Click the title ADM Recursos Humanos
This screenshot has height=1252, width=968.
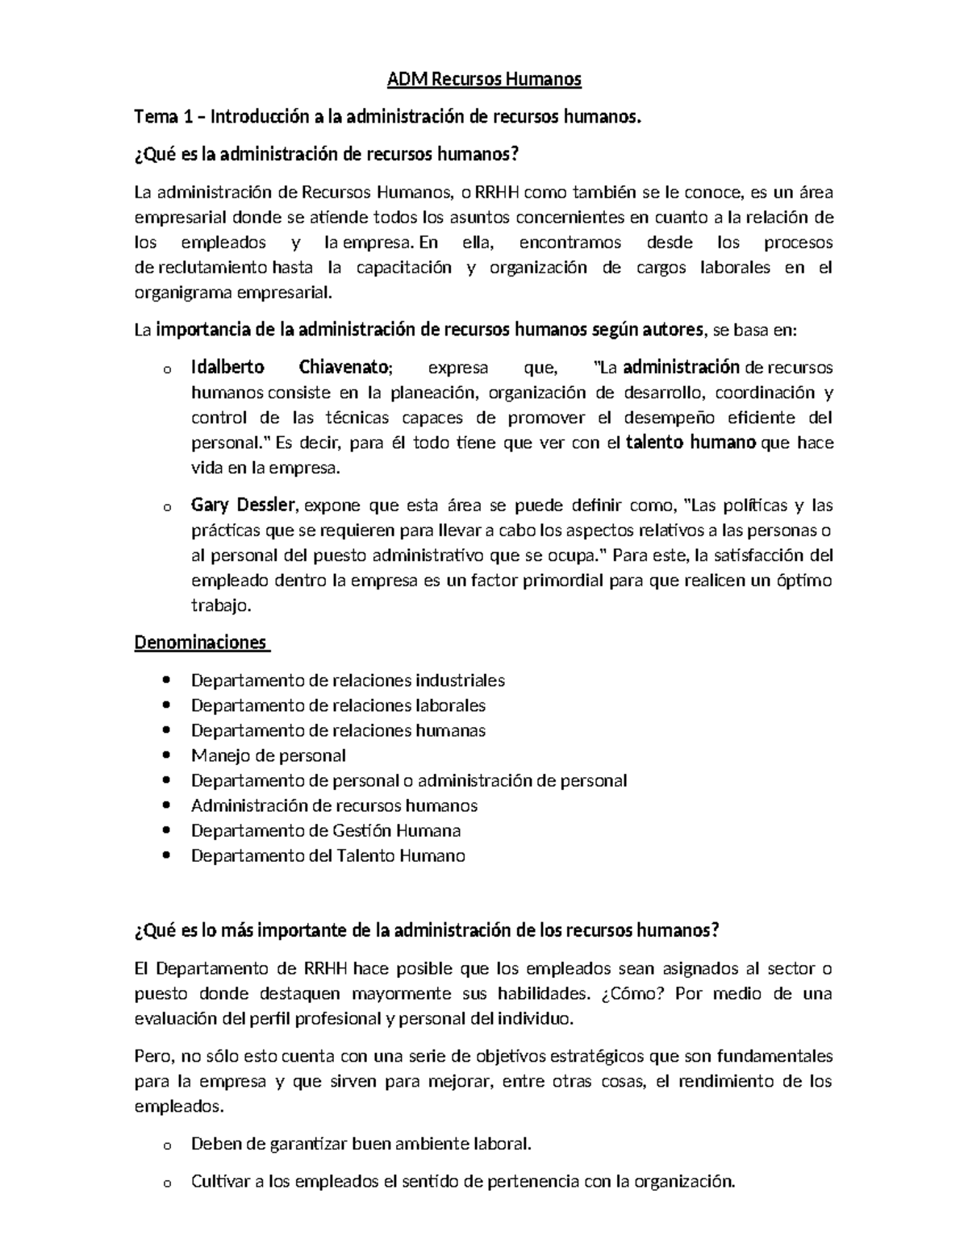(x=484, y=79)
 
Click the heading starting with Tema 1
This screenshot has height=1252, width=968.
(x=390, y=117)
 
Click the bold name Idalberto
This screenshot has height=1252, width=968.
(x=227, y=368)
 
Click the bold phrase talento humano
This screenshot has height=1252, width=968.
(x=691, y=443)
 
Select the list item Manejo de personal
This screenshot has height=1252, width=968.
(x=268, y=755)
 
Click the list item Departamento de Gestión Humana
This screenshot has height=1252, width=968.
(x=325, y=830)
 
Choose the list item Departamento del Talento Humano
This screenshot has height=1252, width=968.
(x=328, y=855)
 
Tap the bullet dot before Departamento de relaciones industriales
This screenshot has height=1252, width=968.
(x=166, y=680)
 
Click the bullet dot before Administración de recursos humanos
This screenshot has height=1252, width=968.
(x=166, y=805)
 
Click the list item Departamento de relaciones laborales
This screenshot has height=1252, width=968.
(x=338, y=705)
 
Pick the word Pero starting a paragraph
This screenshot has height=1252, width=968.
(x=152, y=1056)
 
